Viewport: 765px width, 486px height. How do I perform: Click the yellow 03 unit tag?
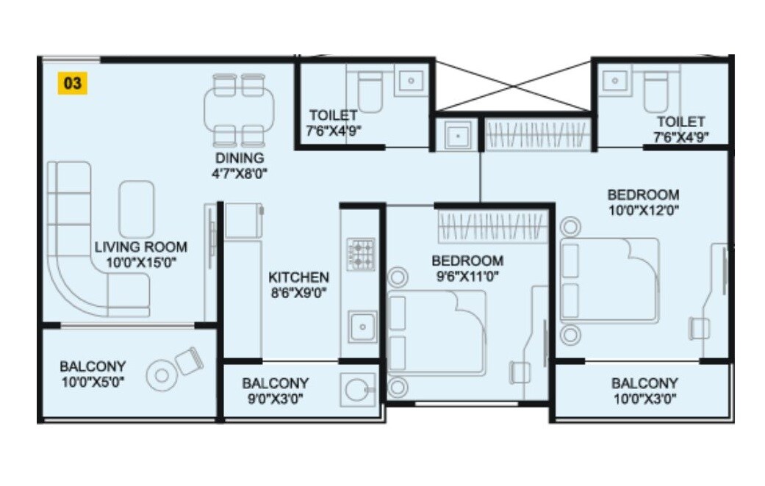pyautogui.click(x=72, y=83)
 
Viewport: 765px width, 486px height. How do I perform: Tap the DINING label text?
pyautogui.click(x=240, y=158)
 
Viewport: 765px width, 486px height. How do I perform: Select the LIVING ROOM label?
pyautogui.click(x=140, y=247)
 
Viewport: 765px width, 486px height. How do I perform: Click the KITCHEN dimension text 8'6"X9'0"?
pyautogui.click(x=298, y=291)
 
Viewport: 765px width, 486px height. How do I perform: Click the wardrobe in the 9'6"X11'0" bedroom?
pyautogui.click(x=492, y=227)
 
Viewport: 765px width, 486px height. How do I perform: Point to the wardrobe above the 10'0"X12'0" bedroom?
pyautogui.click(x=537, y=136)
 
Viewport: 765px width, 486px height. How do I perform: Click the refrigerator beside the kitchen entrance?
pyautogui.click(x=243, y=221)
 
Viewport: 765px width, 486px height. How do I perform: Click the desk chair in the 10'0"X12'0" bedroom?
pyautogui.click(x=698, y=327)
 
